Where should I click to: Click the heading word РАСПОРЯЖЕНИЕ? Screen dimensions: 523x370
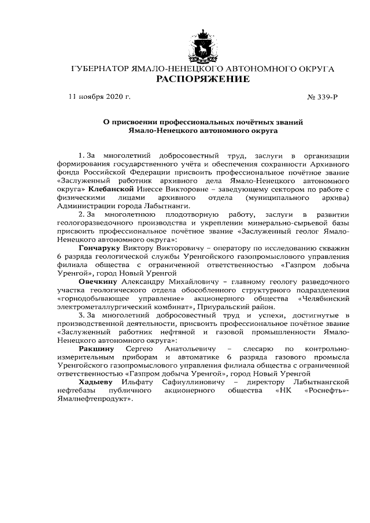202,79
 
